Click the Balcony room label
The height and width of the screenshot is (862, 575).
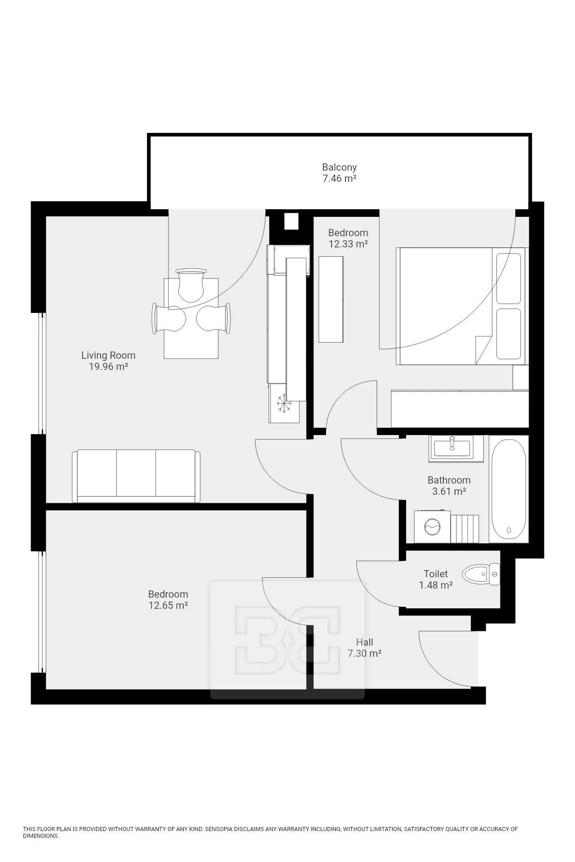tap(339, 167)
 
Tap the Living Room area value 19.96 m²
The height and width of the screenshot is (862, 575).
tap(108, 366)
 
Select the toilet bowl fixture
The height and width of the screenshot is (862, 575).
tap(481, 574)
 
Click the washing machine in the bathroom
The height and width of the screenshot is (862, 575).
tap(432, 526)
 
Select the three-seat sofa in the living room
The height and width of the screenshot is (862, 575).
tap(136, 476)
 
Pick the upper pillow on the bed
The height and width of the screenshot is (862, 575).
tap(509, 278)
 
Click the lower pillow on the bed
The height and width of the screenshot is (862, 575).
tap(509, 334)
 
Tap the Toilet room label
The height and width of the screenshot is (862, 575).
tap(436, 574)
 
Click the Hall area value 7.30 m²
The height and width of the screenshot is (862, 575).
tap(364, 653)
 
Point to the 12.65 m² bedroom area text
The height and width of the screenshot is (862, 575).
tap(168, 605)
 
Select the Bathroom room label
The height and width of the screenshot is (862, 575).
tap(449, 480)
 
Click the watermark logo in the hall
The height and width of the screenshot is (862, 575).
tap(287, 639)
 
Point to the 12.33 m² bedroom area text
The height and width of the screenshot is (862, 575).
tap(348, 244)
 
